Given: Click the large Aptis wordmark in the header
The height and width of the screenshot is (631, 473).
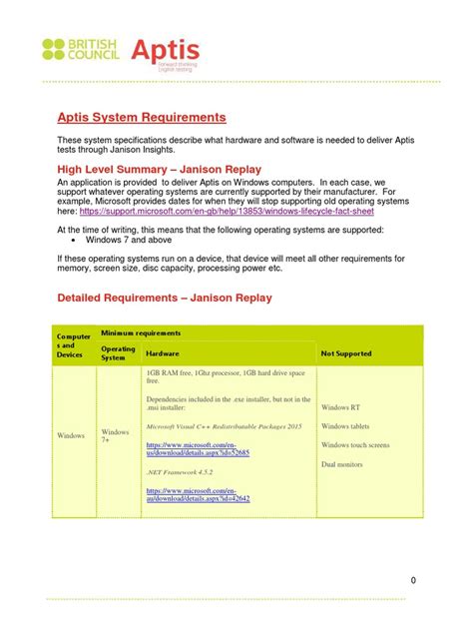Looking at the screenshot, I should (163, 49).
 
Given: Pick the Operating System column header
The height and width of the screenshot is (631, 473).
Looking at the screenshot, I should (119, 353).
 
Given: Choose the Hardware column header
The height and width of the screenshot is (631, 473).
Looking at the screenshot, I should (164, 353).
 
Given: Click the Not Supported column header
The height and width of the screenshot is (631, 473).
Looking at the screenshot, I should (346, 353).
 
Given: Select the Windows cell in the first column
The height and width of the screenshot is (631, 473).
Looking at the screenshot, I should (70, 436).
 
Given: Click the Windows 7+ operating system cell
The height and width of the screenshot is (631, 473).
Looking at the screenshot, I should (116, 436).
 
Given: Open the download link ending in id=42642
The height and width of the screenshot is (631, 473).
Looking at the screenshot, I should (199, 496).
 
